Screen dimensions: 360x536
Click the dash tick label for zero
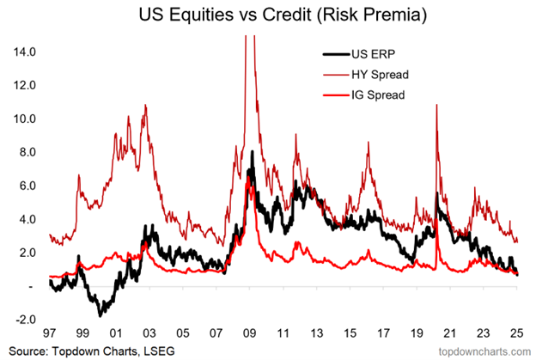(x=29, y=286)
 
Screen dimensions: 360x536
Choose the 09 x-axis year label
(x=249, y=332)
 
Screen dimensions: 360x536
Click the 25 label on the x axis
(x=515, y=332)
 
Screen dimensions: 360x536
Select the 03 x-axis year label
(x=149, y=332)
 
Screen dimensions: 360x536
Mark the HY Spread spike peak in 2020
(x=438, y=106)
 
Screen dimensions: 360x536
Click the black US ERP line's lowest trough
(x=101, y=314)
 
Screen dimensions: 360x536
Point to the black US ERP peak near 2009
(x=253, y=154)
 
